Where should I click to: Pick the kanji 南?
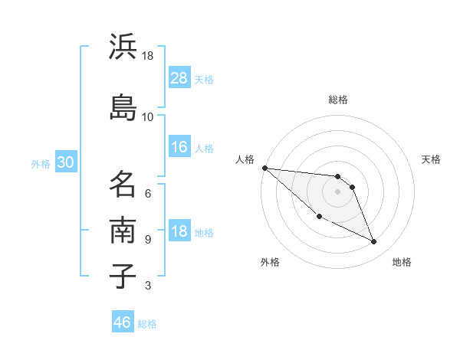coord(123,230)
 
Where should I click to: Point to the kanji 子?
coord(123,276)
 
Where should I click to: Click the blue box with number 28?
coord(179,78)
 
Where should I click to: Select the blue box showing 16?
coord(179,148)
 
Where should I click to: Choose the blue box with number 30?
coord(65,163)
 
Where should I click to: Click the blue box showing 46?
coord(123,322)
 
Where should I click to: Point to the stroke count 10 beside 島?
coord(148,117)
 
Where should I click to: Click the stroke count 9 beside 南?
coord(148,239)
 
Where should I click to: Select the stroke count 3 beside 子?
coord(148,286)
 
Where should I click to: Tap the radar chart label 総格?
coord(338,100)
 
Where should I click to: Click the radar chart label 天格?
coord(432,159)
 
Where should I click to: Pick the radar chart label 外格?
coord(270,263)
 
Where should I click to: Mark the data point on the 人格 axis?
coord(264,168)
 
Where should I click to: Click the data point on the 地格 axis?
coord(374,242)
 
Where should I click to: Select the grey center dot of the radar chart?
coord(338,191)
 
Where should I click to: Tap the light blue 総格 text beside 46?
coord(147,324)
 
